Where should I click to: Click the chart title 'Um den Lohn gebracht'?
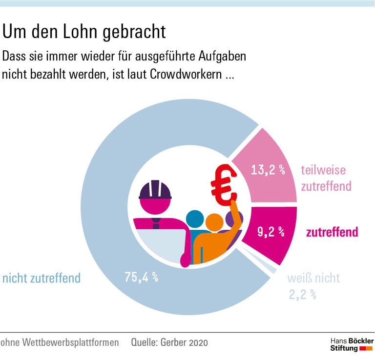coord(84,32)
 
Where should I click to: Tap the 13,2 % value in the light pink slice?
coord(268,170)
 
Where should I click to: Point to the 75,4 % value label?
coord(142,278)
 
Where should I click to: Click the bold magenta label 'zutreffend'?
coord(332,232)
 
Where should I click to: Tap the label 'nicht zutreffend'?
coord(41,279)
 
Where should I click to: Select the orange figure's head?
coord(214,223)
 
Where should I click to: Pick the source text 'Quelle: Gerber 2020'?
coord(169,343)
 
